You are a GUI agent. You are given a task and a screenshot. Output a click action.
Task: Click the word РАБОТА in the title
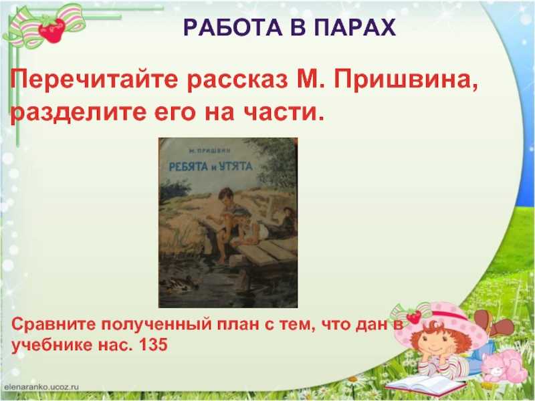233,27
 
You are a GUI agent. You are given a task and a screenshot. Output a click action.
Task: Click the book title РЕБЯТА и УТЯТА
211,166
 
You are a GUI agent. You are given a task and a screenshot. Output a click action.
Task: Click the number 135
153,345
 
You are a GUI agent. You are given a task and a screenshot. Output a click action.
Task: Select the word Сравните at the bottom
54,324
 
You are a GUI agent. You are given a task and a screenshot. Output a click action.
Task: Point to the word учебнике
52,345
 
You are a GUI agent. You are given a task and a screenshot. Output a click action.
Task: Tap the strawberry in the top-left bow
52,30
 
